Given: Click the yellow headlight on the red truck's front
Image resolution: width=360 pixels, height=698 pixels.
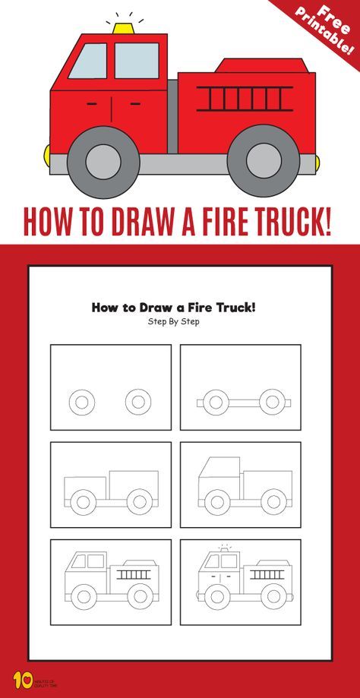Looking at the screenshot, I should click(x=48, y=158).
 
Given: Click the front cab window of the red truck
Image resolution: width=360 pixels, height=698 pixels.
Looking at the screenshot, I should click(x=88, y=62).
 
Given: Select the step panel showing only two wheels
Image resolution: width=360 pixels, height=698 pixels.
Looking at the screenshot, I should click(x=111, y=387).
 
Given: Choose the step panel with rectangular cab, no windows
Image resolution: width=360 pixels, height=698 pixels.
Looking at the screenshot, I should click(x=111, y=485).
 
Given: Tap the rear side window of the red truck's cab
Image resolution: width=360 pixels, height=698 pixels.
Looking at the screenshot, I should click(x=136, y=61).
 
